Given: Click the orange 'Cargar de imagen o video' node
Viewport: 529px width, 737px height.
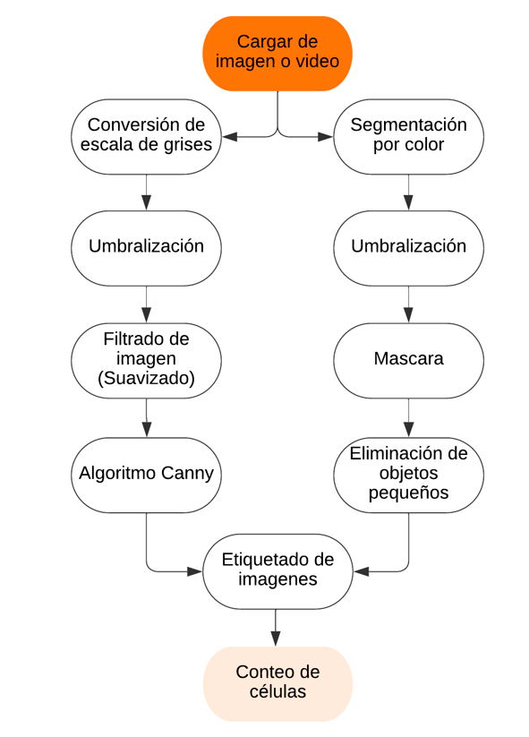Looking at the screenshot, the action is pyautogui.click(x=277, y=54).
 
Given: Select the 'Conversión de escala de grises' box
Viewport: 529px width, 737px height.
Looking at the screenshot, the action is pyautogui.click(x=146, y=137).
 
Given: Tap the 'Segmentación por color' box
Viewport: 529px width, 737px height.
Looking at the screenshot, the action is pyautogui.click(x=408, y=137).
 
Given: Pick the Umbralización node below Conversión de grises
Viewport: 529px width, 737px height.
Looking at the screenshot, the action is pyautogui.click(x=146, y=248).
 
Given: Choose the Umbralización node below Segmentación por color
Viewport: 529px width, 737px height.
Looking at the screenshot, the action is pyautogui.click(x=408, y=248).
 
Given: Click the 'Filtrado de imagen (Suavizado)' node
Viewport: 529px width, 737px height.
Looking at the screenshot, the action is pyautogui.click(x=146, y=361).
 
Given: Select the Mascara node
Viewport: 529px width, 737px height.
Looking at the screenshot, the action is pyautogui.click(x=408, y=361).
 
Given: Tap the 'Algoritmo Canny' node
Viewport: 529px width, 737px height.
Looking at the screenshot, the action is pyautogui.click(x=146, y=475).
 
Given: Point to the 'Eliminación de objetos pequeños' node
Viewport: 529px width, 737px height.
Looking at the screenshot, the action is pyautogui.click(x=408, y=475).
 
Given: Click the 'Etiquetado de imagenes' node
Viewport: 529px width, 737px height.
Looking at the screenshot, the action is pyautogui.click(x=277, y=571).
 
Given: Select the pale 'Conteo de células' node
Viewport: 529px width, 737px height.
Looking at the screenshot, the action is pyautogui.click(x=277, y=684).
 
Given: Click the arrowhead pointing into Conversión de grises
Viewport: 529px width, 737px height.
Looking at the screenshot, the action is pyautogui.click(x=230, y=137).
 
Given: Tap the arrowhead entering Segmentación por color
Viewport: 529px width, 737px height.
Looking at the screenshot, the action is pyautogui.click(x=325, y=137).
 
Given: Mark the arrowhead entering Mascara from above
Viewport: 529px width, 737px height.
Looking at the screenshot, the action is pyautogui.click(x=408, y=315).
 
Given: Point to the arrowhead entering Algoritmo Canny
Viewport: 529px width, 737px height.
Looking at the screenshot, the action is pyautogui.click(x=147, y=429).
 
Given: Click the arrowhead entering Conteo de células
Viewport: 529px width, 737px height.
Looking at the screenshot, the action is pyautogui.click(x=276, y=638).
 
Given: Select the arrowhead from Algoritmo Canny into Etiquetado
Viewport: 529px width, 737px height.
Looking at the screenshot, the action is pyautogui.click(x=194, y=571).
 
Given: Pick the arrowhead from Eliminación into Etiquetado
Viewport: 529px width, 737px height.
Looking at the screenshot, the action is pyautogui.click(x=361, y=571).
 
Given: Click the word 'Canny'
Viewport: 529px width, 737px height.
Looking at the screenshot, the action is pyautogui.click(x=187, y=474).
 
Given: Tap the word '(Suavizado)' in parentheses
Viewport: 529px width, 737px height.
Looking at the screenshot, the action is pyautogui.click(x=146, y=378).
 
